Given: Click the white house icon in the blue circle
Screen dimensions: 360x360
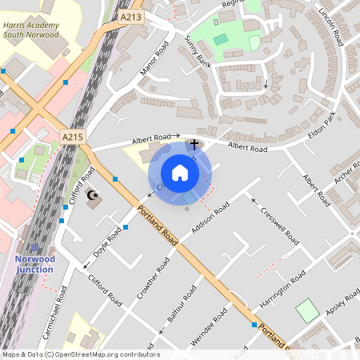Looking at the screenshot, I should click(x=180, y=173).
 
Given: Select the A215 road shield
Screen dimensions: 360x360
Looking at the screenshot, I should click(x=73, y=138).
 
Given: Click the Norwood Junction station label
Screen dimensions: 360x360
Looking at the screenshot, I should click(x=34, y=264).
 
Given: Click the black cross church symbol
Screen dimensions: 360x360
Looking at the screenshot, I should click(x=194, y=144).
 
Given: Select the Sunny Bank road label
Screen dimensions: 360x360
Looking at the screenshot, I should click(x=197, y=51).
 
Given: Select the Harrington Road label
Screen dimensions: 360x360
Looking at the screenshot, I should click(x=283, y=291).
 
